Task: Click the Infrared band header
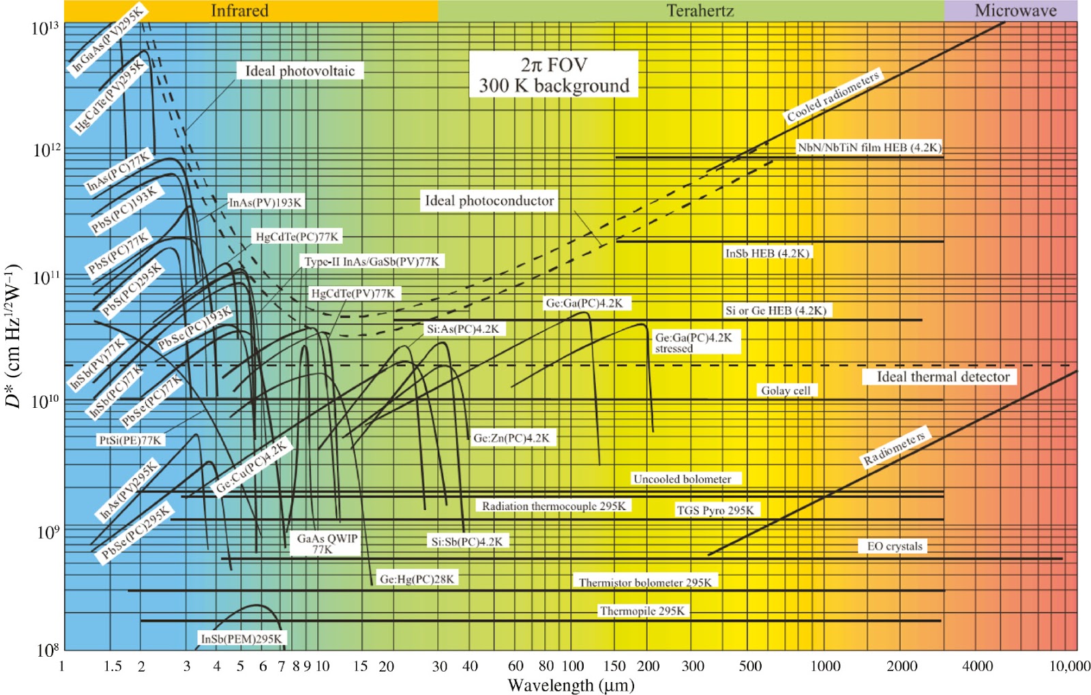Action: click(x=239, y=10)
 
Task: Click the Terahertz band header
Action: click(x=700, y=10)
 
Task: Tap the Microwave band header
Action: click(x=1015, y=10)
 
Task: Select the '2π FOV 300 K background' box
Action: click(x=553, y=74)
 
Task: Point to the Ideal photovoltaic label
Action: click(x=300, y=71)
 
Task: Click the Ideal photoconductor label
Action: click(x=489, y=201)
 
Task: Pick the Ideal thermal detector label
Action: click(x=942, y=376)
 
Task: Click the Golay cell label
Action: click(x=786, y=390)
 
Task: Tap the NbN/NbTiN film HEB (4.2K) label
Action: click(x=869, y=147)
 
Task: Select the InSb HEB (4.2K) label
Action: click(x=767, y=253)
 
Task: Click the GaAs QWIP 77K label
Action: click(x=326, y=544)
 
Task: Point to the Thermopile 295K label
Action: click(x=642, y=610)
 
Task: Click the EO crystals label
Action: click(x=894, y=546)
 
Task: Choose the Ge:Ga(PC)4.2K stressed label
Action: click(x=693, y=342)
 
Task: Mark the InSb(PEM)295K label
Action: click(x=241, y=638)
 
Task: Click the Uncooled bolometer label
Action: click(x=682, y=479)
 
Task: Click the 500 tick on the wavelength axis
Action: click(x=750, y=666)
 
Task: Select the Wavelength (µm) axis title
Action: click(x=571, y=685)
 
